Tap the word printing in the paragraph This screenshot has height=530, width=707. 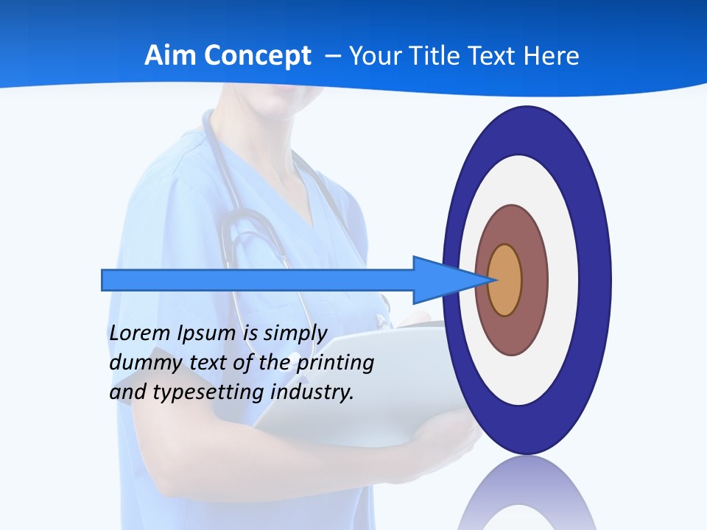pos(337,363)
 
